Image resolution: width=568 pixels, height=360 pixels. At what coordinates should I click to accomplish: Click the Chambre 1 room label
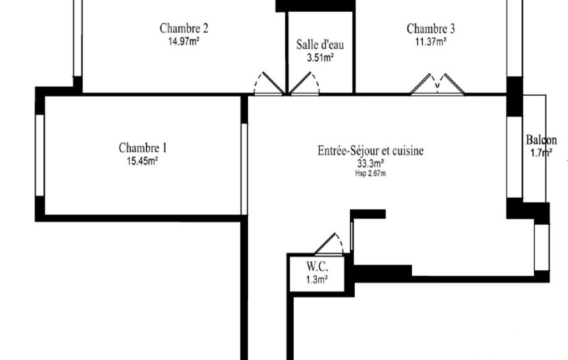point(143,148)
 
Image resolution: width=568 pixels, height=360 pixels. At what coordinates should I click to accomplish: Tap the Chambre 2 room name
point(183,28)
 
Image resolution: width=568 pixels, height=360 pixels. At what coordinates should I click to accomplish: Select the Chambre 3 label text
point(431,28)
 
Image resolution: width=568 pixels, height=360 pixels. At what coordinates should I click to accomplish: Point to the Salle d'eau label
point(320,44)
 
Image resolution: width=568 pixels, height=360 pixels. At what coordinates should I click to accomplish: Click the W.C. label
point(318,266)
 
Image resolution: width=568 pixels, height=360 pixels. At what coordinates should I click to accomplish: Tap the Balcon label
point(541,140)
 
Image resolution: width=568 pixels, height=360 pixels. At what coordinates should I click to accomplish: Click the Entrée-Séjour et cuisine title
point(371,150)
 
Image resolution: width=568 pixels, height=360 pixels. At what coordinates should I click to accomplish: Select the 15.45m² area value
point(142,161)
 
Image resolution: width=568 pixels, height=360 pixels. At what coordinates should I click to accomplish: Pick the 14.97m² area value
point(183,41)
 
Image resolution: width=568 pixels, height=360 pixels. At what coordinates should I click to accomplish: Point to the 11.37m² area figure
point(431,42)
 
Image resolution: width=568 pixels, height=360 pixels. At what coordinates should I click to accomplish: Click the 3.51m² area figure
point(320,58)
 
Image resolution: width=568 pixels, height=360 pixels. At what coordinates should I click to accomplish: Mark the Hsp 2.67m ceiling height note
point(370,173)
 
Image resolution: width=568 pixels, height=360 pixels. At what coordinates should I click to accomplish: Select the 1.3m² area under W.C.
point(317,280)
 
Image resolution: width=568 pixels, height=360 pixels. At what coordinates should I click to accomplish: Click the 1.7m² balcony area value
point(541,153)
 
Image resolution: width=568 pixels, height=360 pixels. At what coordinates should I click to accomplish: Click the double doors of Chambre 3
point(437,84)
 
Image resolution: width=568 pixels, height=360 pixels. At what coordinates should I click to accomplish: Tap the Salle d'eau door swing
point(304,83)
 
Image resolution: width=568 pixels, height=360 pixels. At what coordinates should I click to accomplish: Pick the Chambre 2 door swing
point(269,83)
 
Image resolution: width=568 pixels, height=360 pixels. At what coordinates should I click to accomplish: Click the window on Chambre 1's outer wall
point(39,156)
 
